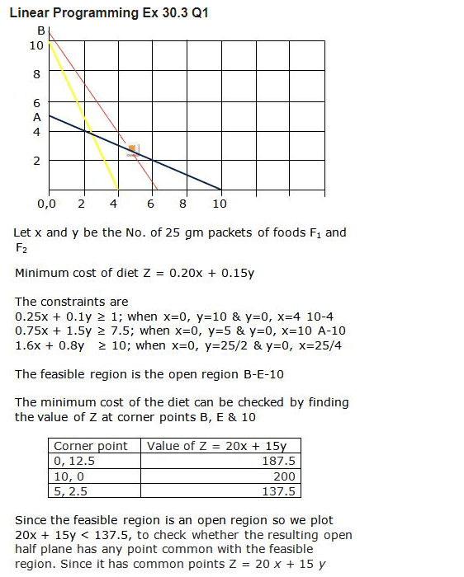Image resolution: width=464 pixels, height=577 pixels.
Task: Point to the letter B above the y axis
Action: (40, 31)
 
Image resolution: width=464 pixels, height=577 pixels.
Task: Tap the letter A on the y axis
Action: (37, 117)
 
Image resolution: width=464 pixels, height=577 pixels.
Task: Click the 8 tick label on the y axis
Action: (36, 74)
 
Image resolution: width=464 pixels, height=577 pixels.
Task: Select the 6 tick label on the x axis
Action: (150, 204)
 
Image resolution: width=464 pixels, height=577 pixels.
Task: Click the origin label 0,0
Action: (46, 204)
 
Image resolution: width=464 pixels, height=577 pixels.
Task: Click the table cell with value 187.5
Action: (279, 462)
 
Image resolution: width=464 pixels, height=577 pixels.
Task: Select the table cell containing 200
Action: (285, 476)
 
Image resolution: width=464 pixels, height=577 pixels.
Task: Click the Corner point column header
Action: (91, 446)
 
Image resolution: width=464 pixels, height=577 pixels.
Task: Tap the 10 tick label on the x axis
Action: (219, 204)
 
